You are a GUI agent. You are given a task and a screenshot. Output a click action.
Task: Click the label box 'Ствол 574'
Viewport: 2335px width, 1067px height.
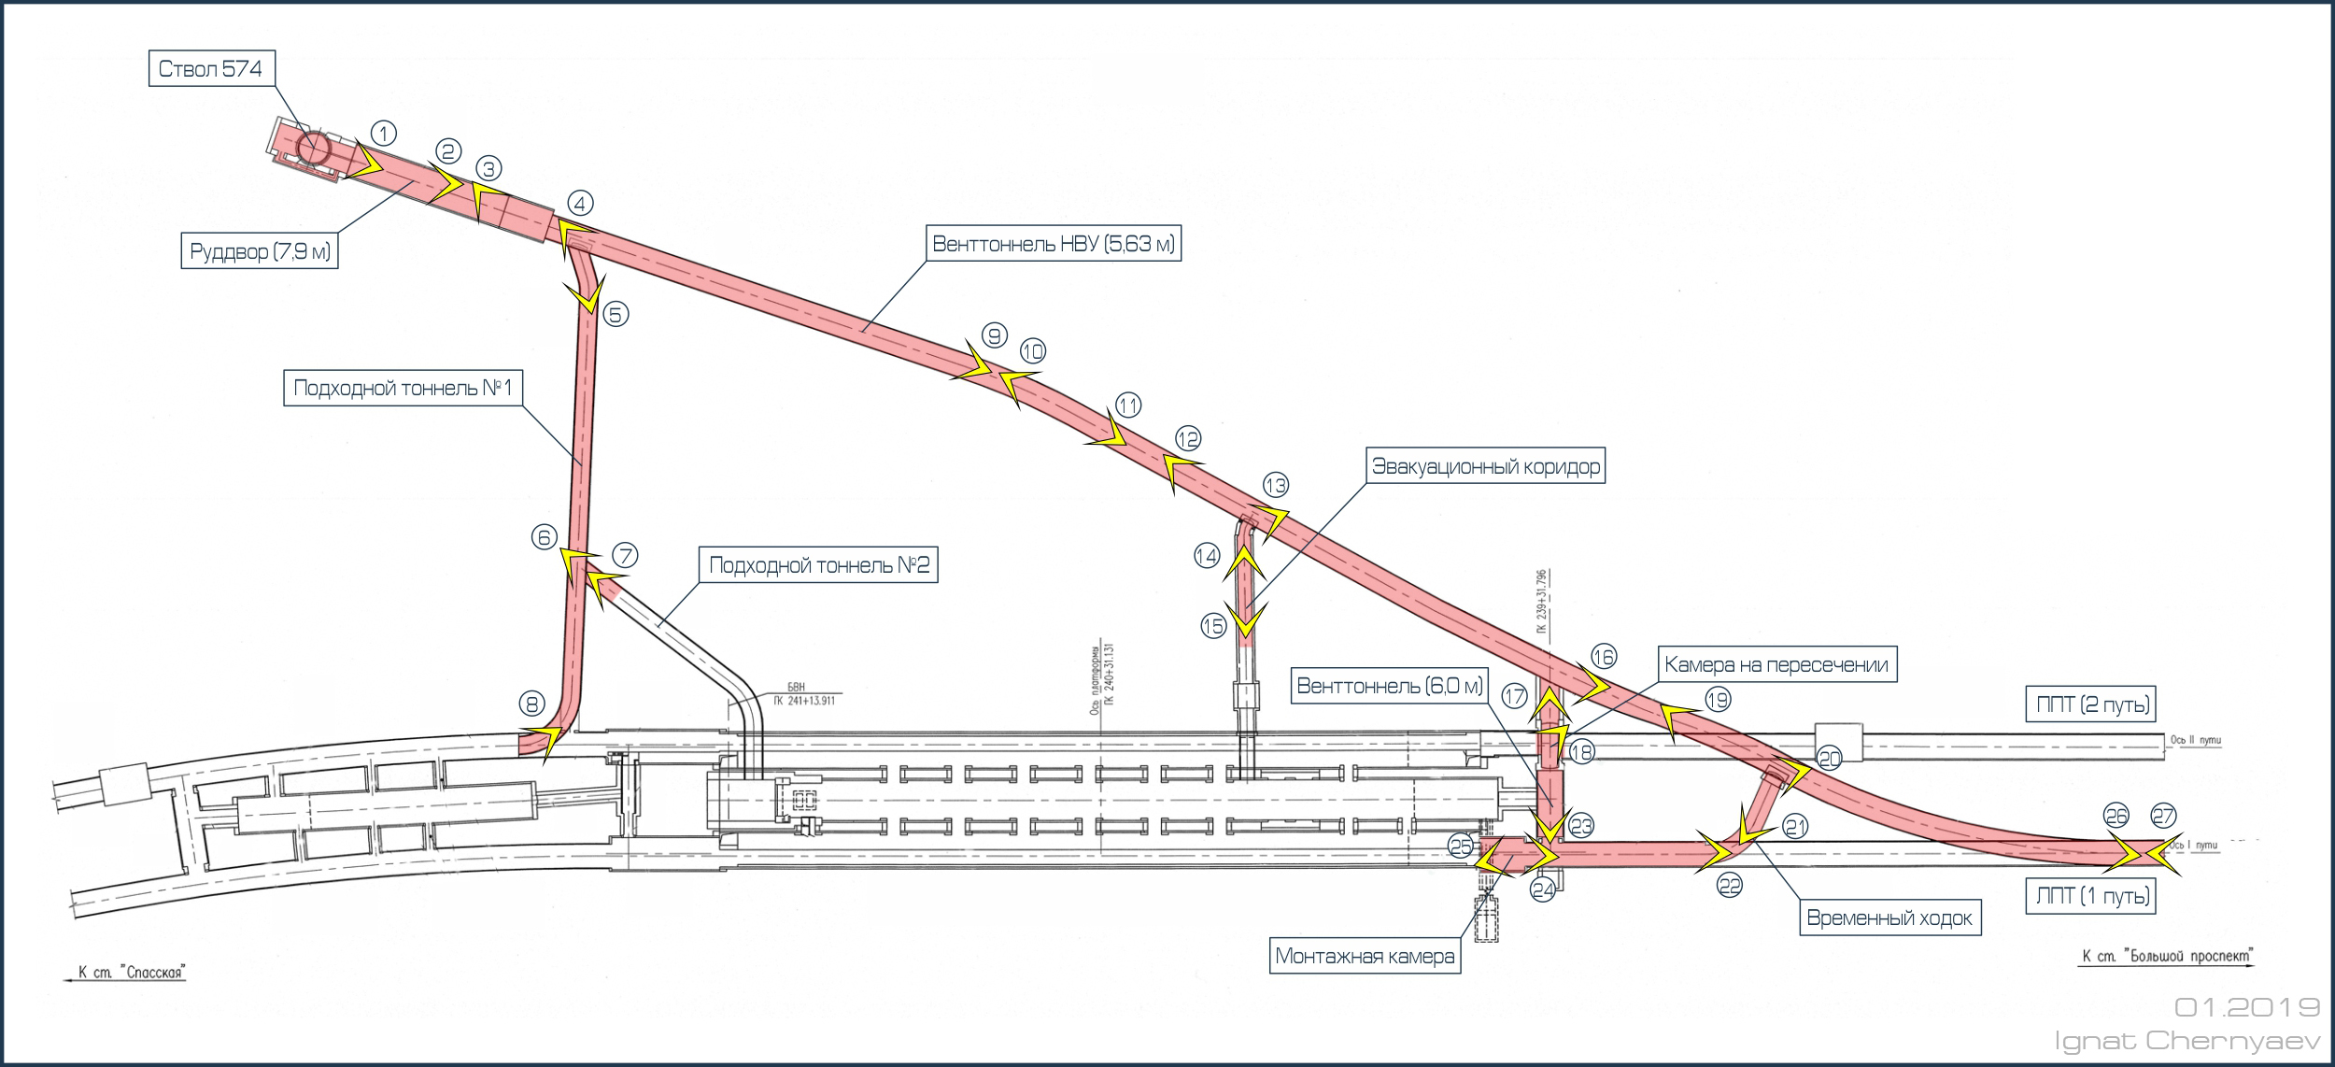click(x=211, y=69)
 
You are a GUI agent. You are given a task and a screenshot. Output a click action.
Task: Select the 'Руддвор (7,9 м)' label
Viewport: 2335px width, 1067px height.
click(x=261, y=251)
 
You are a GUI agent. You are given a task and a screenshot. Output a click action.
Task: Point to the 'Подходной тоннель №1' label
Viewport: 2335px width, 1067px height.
click(x=403, y=388)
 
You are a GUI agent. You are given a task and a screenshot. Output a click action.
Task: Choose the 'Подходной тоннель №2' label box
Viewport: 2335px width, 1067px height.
click(x=819, y=565)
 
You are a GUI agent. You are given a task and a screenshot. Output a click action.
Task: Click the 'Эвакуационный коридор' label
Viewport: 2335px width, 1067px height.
click(x=1486, y=466)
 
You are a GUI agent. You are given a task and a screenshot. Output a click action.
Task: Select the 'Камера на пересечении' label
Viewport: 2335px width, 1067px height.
click(x=1777, y=664)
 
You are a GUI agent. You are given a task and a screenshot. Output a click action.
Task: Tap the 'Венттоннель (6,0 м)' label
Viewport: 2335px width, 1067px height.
click(x=1390, y=686)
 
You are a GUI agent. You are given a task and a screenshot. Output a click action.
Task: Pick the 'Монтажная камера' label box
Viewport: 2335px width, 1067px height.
click(x=1365, y=956)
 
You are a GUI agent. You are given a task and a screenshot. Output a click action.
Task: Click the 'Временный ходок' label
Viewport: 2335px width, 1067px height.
click(x=1889, y=918)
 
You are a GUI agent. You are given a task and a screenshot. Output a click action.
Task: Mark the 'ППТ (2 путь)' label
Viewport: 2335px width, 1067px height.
click(x=2094, y=704)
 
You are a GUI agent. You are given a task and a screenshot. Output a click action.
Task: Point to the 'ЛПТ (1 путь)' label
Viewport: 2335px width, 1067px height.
click(x=2093, y=896)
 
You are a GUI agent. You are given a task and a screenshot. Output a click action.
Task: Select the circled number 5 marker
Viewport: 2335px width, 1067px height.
click(x=616, y=314)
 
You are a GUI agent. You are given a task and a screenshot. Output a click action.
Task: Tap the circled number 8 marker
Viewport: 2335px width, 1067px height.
click(x=531, y=703)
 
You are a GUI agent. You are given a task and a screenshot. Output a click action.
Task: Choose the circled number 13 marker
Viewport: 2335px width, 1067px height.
click(x=1276, y=485)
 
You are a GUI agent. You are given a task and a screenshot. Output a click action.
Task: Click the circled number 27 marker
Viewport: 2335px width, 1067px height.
click(x=2163, y=816)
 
